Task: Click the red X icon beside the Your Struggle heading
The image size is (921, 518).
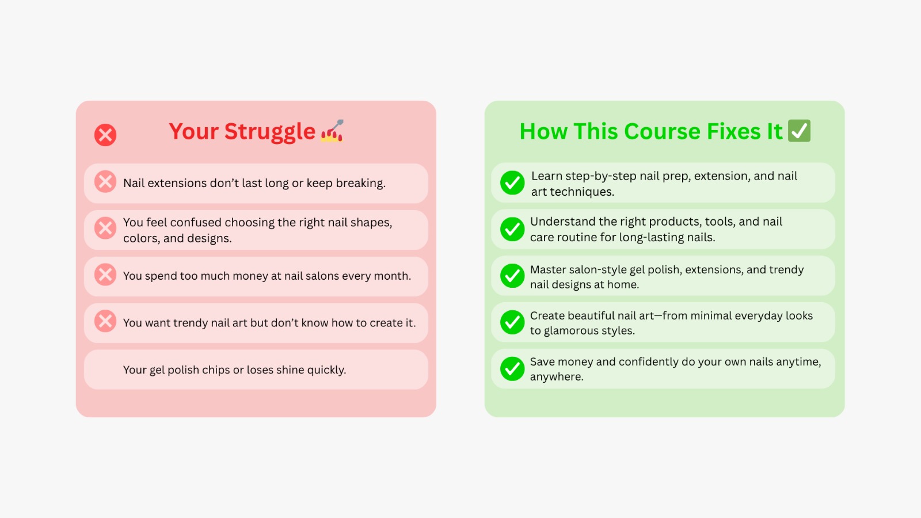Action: (105, 135)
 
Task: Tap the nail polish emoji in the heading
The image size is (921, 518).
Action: (332, 131)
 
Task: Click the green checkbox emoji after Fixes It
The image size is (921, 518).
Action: (800, 131)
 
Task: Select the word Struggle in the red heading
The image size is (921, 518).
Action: (270, 132)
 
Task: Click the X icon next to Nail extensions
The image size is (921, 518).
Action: (105, 182)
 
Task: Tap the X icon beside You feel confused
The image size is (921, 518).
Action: (105, 228)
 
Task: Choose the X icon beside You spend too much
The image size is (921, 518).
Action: (105, 275)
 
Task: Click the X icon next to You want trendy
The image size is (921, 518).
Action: (105, 321)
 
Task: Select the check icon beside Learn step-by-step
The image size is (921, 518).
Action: (512, 182)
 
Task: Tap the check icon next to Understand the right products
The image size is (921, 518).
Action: (512, 229)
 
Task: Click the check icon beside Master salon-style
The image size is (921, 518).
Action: (512, 276)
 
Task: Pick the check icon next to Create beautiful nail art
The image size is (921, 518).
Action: (512, 322)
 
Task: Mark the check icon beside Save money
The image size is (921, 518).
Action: (512, 368)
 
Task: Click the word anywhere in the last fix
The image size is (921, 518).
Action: (557, 377)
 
